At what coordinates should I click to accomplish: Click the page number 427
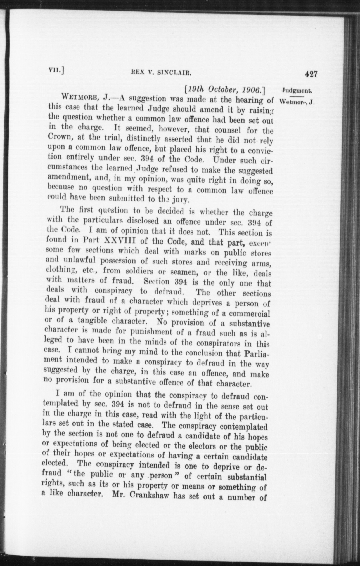pos(311,74)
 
